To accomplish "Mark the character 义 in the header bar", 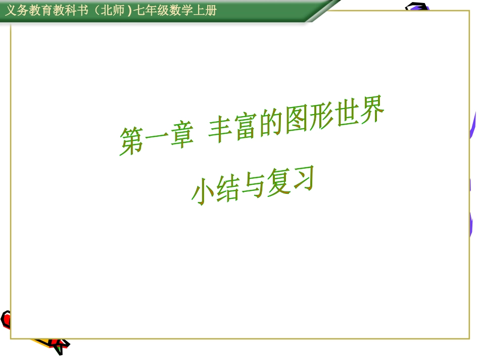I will coord(10,11).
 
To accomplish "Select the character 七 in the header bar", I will coord(139,11).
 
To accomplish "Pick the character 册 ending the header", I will coord(212,11).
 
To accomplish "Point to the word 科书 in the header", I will coord(72,11).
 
